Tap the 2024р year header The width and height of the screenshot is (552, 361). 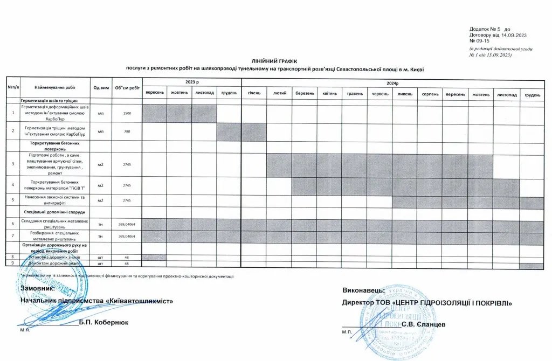pyautogui.click(x=392, y=82)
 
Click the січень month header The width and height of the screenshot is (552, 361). pyautogui.click(x=254, y=94)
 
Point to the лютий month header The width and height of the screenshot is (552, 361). pyautogui.click(x=279, y=94)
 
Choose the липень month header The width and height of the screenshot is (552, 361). pyautogui.click(x=404, y=94)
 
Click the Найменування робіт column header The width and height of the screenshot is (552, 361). pyautogui.click(x=54, y=87)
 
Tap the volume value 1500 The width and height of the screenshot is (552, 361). pyautogui.click(x=127, y=114)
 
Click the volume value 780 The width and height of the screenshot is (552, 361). pyautogui.click(x=127, y=131)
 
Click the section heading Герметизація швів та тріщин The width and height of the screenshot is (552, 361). pyautogui.click(x=50, y=101)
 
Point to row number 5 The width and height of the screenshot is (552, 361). pyautogui.click(x=12, y=200)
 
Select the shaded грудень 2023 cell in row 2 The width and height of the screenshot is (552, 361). pyautogui.click(x=229, y=131)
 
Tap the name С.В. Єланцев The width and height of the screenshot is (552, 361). pyautogui.click(x=424, y=324)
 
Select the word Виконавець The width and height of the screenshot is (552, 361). pyautogui.click(x=363, y=290)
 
